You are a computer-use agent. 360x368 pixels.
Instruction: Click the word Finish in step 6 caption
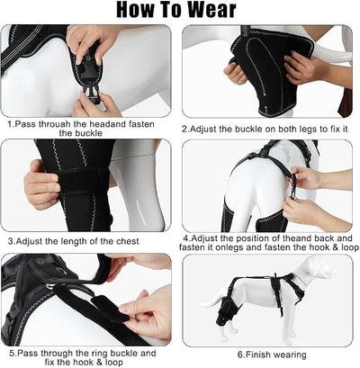[257, 355]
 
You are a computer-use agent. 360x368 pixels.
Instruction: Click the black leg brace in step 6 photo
[224, 311]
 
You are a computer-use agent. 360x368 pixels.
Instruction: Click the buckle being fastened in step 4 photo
[292, 186]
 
